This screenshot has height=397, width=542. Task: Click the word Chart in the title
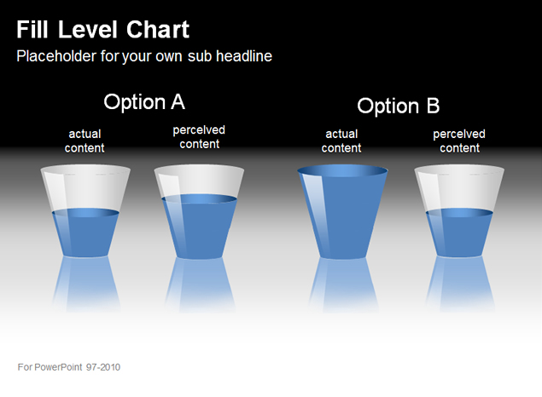[158, 29]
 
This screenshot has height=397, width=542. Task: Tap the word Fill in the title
[32, 29]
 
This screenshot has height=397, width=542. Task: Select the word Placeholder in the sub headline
[56, 56]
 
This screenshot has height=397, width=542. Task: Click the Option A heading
[144, 101]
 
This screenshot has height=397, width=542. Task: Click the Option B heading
[399, 106]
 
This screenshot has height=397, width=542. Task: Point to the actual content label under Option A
[85, 141]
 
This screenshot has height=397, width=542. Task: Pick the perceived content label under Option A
[199, 137]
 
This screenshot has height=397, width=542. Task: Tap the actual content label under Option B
[341, 141]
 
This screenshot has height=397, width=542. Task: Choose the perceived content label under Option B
[459, 141]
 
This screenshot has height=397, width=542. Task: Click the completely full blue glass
[342, 212]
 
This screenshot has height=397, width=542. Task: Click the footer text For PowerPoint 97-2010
[69, 367]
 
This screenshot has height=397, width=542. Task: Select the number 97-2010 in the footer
[103, 367]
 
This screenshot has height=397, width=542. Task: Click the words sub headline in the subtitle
[230, 56]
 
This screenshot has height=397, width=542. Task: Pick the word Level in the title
[87, 29]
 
